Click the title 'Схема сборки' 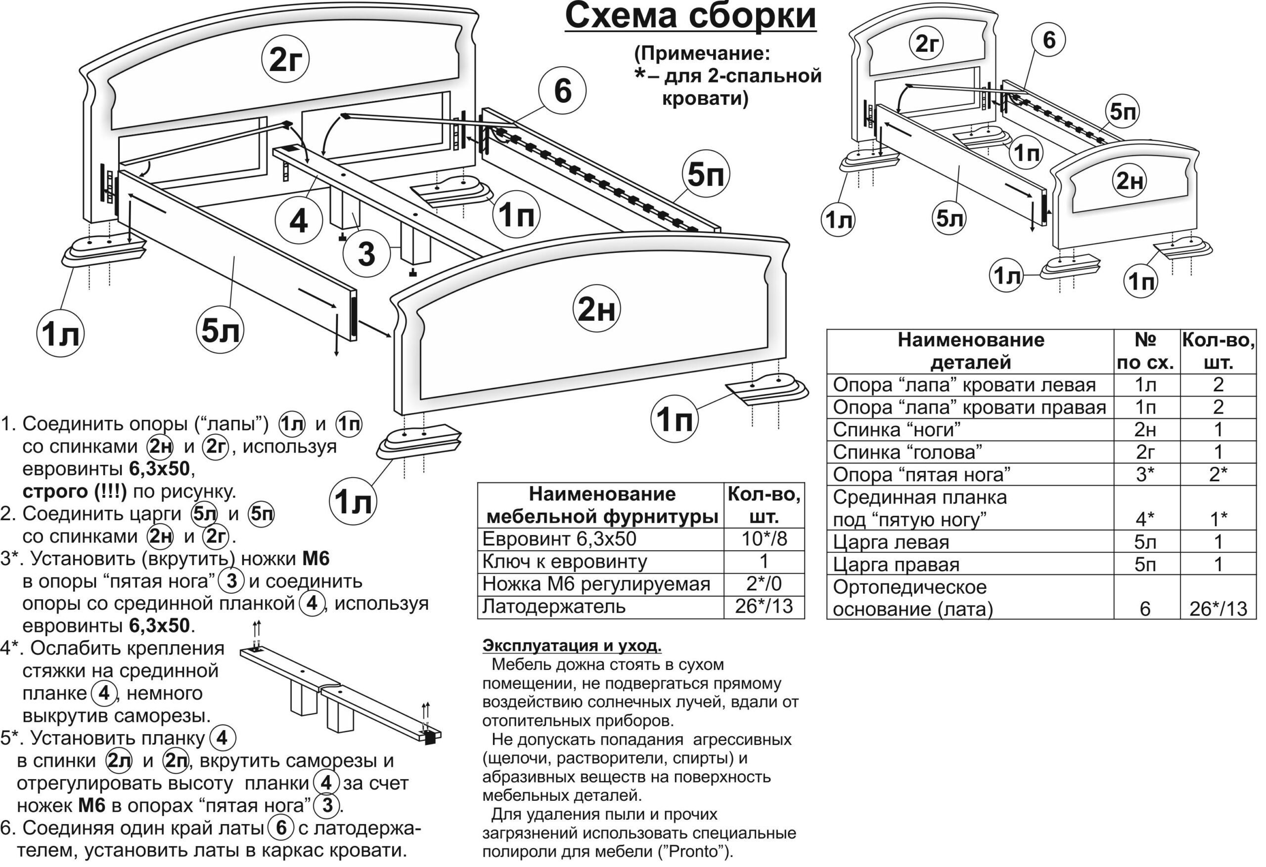tap(690, 16)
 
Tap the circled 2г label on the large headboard tap(285, 59)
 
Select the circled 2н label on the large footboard tap(596, 309)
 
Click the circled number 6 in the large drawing tap(562, 90)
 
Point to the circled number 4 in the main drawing tap(299, 221)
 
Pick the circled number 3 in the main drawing tap(366, 253)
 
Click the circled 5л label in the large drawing tap(220, 330)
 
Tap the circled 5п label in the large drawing tap(706, 174)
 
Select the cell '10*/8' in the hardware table tap(764, 539)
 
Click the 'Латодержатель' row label tap(553, 606)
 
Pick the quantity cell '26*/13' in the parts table tap(1218, 609)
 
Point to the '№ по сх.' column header tap(1145, 351)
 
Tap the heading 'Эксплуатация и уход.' tap(572, 646)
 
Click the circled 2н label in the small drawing tap(1130, 181)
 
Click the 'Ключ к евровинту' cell tap(564, 561)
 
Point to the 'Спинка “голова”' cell tap(907, 452)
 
